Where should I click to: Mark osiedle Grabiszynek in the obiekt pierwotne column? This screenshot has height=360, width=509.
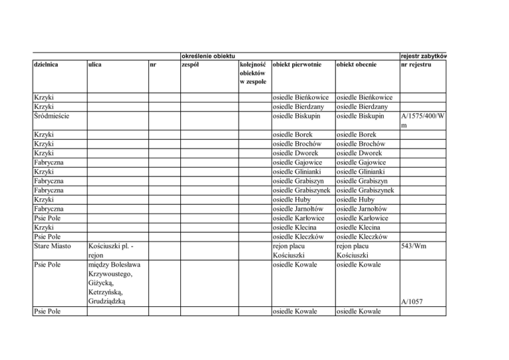click(303, 191)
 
